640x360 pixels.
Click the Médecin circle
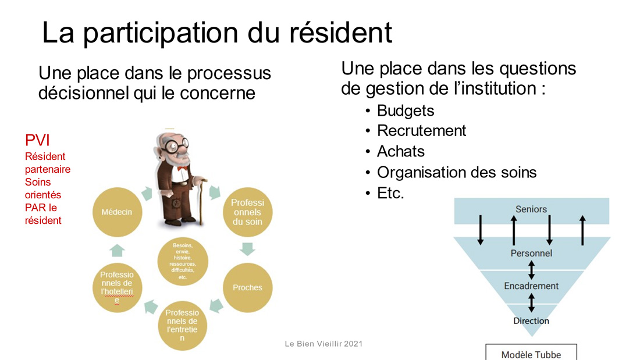coord(117,212)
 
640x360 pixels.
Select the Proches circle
coord(247,287)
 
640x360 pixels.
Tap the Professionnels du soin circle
coord(247,212)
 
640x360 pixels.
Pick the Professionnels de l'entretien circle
coord(182,325)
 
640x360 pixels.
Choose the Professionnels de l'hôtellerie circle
coord(117,287)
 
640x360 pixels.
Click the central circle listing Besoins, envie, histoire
coord(183,262)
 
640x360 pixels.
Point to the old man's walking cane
coord(200,200)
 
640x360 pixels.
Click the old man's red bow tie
coord(182,167)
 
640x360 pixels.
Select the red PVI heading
coord(37,140)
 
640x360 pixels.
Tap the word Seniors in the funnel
coord(531,209)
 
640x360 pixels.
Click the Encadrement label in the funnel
coord(531,286)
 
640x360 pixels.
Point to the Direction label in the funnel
coord(531,321)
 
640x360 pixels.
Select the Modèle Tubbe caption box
coord(531,352)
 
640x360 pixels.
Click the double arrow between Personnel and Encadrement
coord(531,270)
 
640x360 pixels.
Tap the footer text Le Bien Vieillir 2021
coord(323,344)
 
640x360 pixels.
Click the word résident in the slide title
coord(341,33)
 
